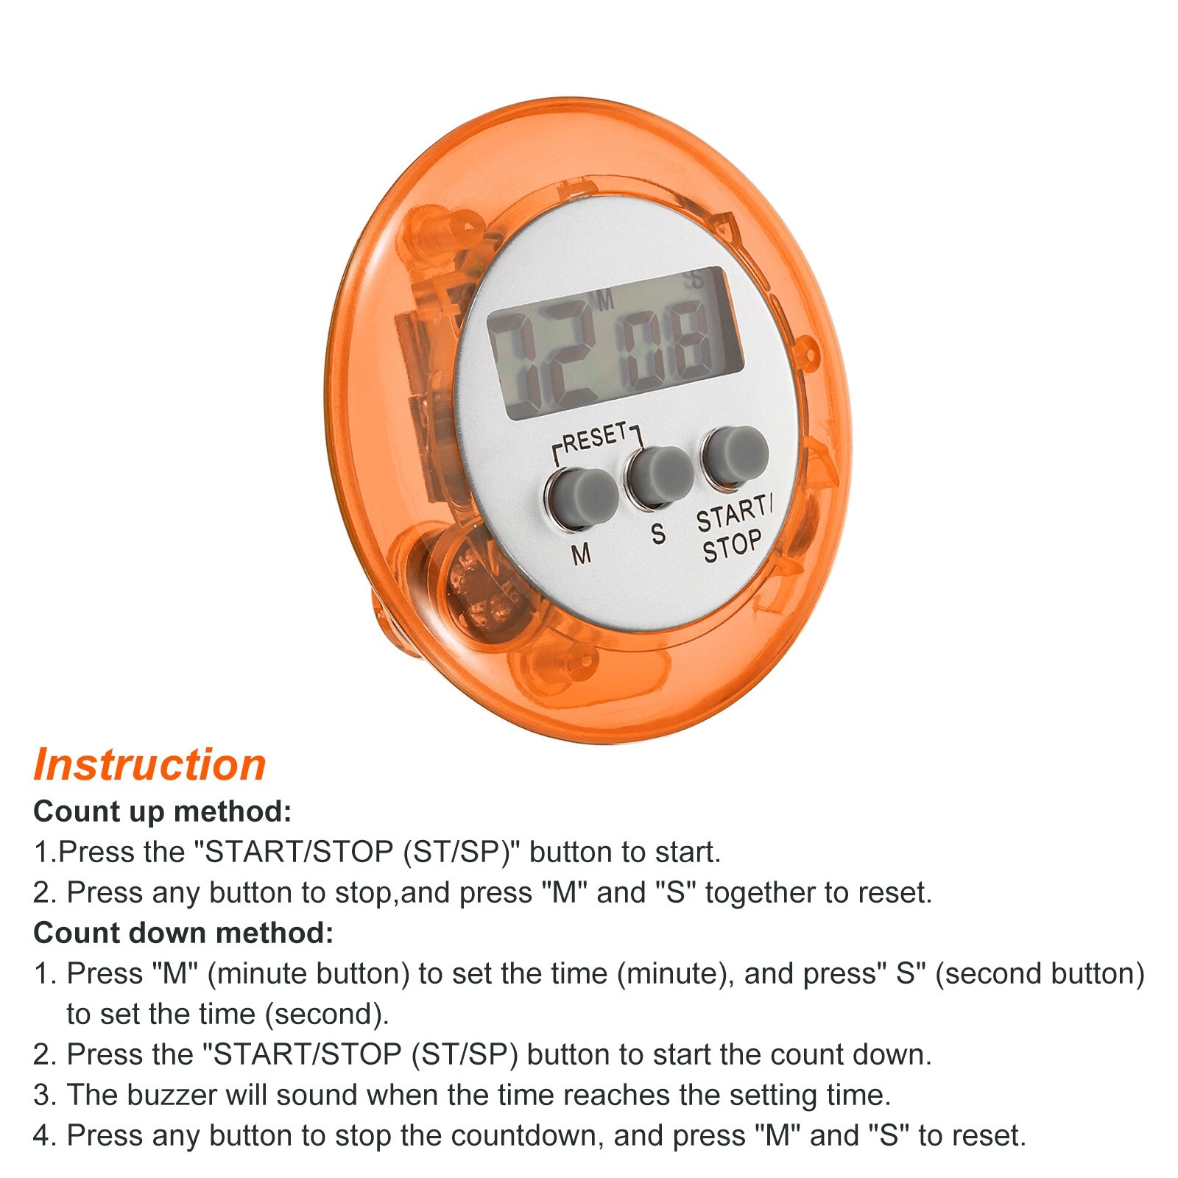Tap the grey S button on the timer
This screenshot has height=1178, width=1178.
660,476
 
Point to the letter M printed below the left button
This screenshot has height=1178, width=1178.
582,553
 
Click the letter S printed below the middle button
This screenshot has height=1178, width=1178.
658,533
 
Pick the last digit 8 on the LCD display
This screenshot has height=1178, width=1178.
691,341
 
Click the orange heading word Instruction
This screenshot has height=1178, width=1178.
149,765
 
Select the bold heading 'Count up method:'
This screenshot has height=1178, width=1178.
163,811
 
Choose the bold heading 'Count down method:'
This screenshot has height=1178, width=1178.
183,933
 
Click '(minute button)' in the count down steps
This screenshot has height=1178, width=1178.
308,974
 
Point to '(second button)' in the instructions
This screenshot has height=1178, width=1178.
1040,974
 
